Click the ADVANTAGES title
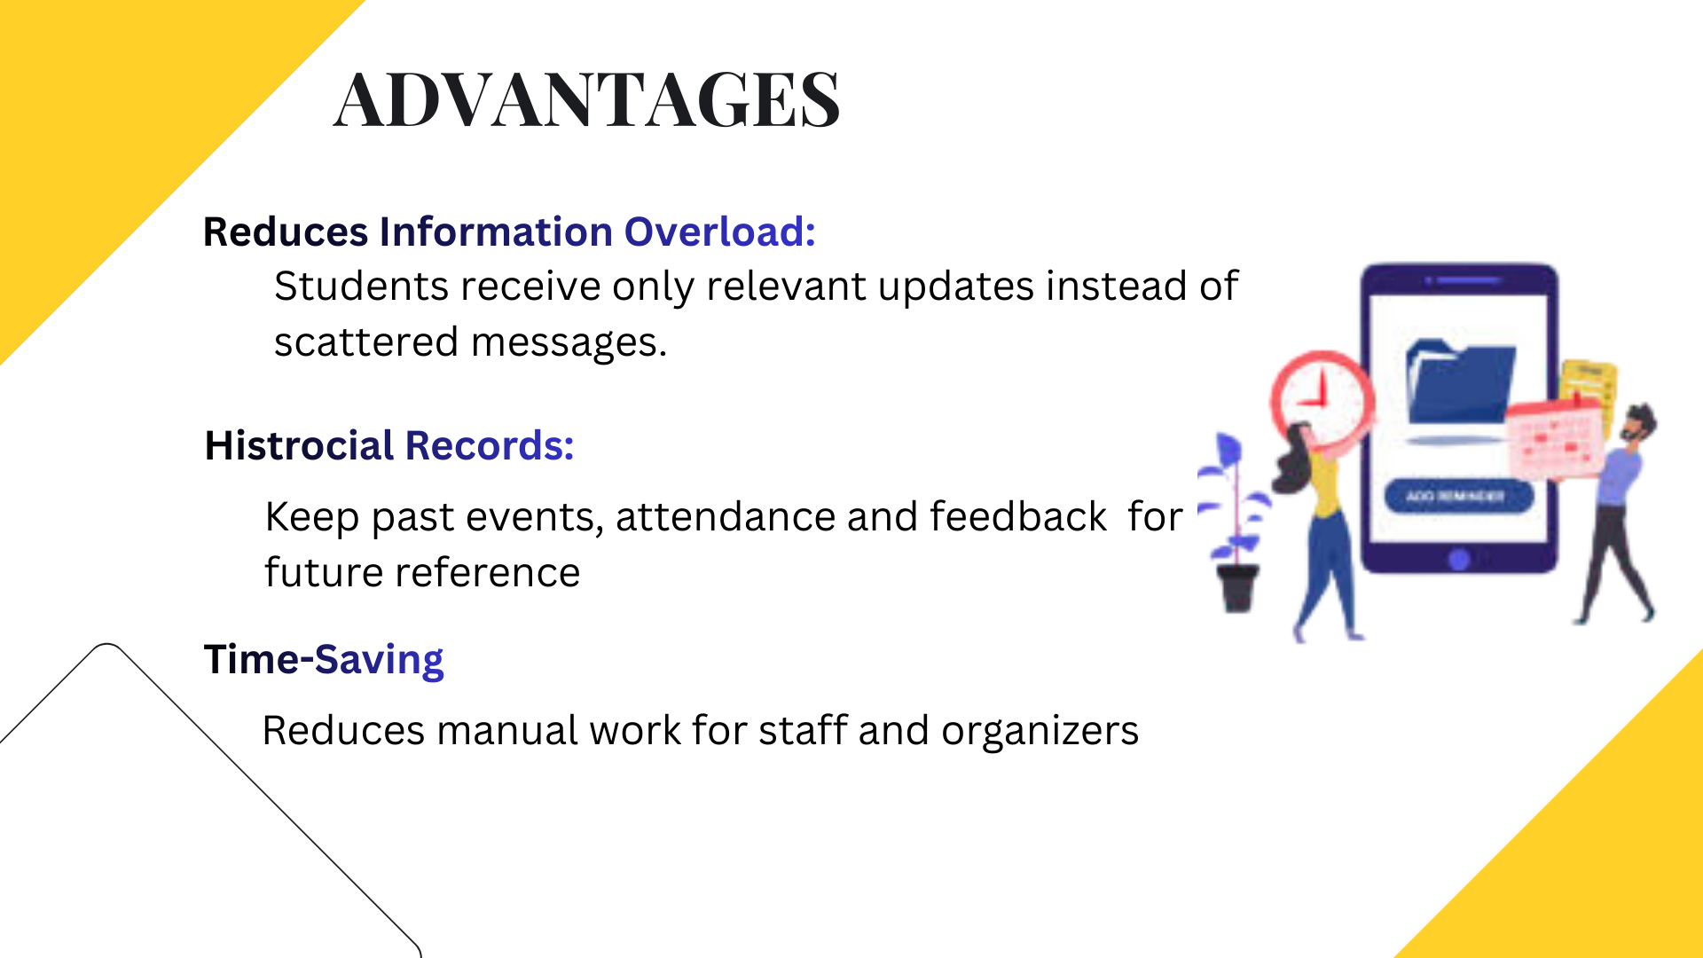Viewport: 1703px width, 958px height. click(x=586, y=98)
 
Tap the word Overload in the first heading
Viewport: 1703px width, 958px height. click(x=719, y=232)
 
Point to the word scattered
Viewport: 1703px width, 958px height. click(x=365, y=342)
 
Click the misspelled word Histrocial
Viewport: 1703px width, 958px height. click(x=299, y=445)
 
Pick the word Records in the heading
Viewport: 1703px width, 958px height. click(x=490, y=445)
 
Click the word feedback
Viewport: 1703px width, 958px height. click(x=1017, y=517)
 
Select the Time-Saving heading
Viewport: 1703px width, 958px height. click(x=324, y=660)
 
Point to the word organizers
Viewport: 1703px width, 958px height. click(x=1040, y=731)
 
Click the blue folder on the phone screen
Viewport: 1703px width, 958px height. click(x=1460, y=381)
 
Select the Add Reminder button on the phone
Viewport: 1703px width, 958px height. click(x=1458, y=496)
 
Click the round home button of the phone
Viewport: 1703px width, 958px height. click(x=1459, y=559)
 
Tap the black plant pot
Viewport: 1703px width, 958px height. click(x=1237, y=587)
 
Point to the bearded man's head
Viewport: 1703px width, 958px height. click(x=1638, y=424)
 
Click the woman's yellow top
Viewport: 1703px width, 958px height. click(x=1324, y=484)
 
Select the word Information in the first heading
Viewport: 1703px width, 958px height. click(x=496, y=232)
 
